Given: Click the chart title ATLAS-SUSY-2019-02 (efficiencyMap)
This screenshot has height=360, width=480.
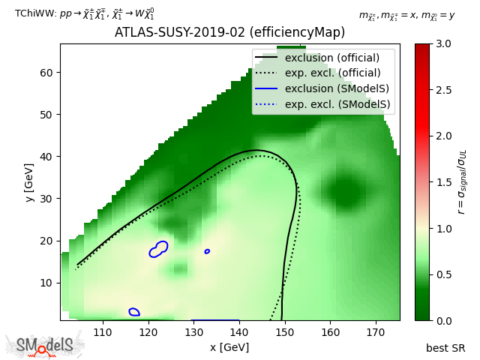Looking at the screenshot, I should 229,33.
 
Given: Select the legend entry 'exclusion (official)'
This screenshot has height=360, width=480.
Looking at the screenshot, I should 332,58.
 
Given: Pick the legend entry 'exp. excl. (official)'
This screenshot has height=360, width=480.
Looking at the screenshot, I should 332,73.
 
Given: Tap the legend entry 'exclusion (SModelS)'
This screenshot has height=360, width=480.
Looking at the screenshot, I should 332,88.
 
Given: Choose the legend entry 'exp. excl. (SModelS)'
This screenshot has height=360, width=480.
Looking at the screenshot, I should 332,103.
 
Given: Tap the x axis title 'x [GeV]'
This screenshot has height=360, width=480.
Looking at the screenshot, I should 229,347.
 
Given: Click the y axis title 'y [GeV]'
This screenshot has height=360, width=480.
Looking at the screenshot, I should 28,181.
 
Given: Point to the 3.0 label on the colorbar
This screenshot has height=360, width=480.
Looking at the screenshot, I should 444,44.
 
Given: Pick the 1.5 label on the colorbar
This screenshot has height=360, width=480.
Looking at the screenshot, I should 444,182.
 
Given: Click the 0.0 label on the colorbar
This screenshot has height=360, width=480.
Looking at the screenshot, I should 444,320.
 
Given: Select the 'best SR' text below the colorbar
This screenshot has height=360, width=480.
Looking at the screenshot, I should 445,348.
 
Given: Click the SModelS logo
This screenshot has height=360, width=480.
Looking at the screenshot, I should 45,346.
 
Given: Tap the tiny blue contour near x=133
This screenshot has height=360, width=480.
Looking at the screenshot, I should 207,251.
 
